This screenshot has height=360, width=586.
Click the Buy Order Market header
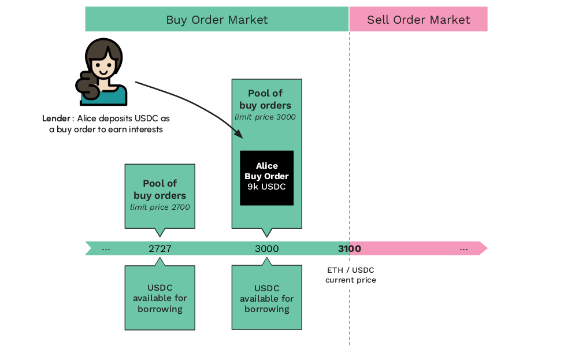pyautogui.click(x=217, y=20)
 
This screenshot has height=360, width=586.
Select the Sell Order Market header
pyautogui.click(x=418, y=20)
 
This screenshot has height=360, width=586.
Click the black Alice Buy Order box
pyautogui.click(x=266, y=177)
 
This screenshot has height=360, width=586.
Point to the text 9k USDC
pyautogui.click(x=266, y=187)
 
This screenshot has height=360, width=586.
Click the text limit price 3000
pyautogui.click(x=265, y=117)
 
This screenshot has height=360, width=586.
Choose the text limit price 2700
pyautogui.click(x=160, y=207)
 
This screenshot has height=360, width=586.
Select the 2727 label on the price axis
pyautogui.click(x=160, y=249)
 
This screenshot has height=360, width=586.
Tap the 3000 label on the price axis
pyautogui.click(x=266, y=249)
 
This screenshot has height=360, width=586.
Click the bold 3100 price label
pyautogui.click(x=349, y=249)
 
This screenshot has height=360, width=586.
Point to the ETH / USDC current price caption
pyautogui.click(x=350, y=275)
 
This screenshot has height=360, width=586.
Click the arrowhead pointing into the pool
pyautogui.click(x=238, y=134)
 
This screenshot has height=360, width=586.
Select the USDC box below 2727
pyautogui.click(x=160, y=298)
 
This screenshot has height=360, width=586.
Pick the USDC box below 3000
pyautogui.click(x=266, y=298)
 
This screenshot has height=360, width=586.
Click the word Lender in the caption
pyautogui.click(x=55, y=118)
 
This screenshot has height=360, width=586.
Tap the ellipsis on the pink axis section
pyautogui.click(x=463, y=249)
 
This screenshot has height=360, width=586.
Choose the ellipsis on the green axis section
pyautogui.click(x=106, y=249)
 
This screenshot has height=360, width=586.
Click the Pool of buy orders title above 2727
pyautogui.click(x=160, y=190)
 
